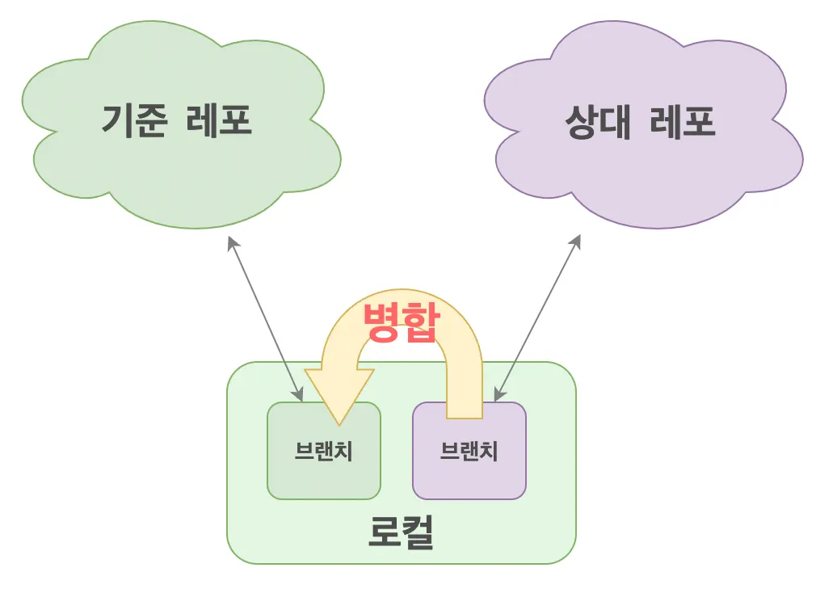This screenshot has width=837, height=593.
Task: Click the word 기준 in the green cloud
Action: pyautogui.click(x=134, y=121)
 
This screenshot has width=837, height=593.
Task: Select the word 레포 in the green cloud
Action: pyautogui.click(x=219, y=121)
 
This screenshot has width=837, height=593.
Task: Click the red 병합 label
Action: pyautogui.click(x=401, y=323)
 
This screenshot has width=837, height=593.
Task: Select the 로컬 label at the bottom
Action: pyautogui.click(x=402, y=532)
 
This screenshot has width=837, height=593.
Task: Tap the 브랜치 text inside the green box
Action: pyautogui.click(x=324, y=451)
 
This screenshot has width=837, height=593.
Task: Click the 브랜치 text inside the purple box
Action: pyautogui.click(x=469, y=451)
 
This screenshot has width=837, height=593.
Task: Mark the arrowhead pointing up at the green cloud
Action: pyautogui.click(x=231, y=242)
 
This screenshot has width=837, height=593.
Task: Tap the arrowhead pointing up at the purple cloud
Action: pyautogui.click(x=577, y=240)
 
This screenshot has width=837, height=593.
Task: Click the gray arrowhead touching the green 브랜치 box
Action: pyautogui.click(x=298, y=395)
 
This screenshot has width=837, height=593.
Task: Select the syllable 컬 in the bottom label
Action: pyautogui.click(x=418, y=532)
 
